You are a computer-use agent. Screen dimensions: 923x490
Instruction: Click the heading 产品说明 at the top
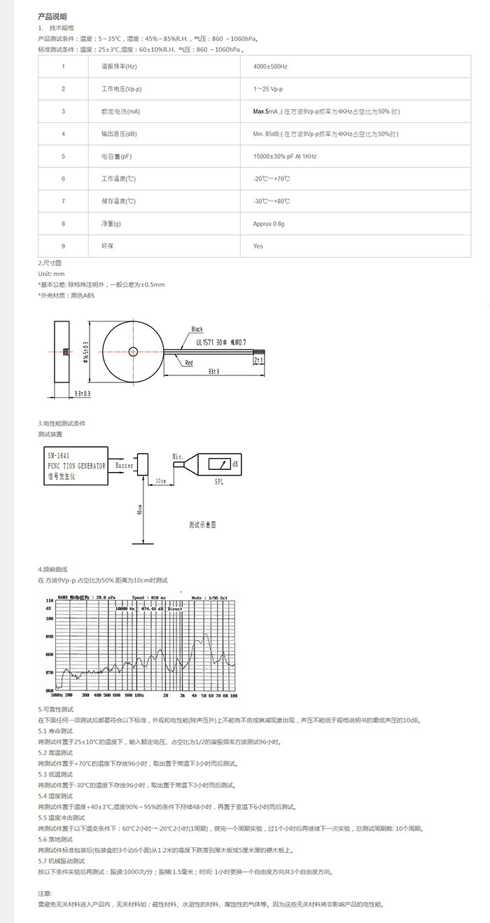[x=52, y=16]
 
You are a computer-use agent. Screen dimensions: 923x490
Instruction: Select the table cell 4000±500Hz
[x=270, y=66]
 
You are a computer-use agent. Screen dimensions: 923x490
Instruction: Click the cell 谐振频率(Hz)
[x=119, y=66]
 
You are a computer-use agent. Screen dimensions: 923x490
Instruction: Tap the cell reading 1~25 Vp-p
[x=267, y=89]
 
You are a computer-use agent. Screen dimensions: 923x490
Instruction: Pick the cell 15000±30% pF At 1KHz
[x=285, y=156]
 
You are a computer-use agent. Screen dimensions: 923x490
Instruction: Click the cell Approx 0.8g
[x=269, y=224]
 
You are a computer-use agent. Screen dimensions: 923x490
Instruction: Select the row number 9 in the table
[x=63, y=247]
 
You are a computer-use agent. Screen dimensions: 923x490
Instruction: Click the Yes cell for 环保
[x=258, y=247]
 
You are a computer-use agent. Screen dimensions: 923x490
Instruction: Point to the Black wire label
[x=197, y=329]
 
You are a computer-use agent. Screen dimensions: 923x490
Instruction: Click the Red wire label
[x=189, y=363]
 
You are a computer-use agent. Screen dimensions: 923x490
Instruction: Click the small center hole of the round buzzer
[x=132, y=351]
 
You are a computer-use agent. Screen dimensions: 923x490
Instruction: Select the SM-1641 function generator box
[x=73, y=465]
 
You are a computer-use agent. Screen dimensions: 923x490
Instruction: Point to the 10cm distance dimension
[x=160, y=481]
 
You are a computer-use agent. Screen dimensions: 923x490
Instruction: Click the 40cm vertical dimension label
[x=140, y=511]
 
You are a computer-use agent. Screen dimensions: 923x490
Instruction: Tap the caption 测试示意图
[x=203, y=523]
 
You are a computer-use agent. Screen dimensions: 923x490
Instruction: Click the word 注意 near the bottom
[x=45, y=894]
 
